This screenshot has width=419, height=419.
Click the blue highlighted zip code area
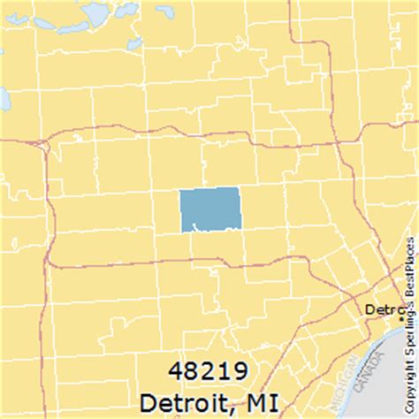[x=209, y=209]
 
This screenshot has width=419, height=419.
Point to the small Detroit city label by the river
[x=382, y=310]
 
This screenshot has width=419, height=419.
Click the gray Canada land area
[x=389, y=371]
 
